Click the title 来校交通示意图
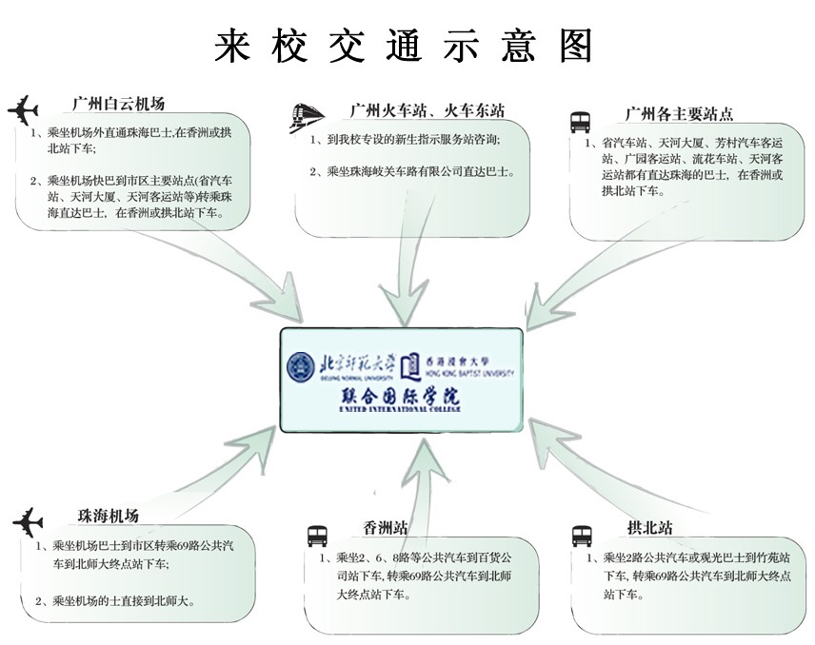[406, 46]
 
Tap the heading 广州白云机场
[118, 104]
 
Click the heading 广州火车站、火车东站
[426, 110]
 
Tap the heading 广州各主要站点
[679, 113]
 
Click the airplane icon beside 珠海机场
[29, 522]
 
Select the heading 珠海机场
[108, 516]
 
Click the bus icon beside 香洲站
[317, 534]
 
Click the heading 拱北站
[650, 525]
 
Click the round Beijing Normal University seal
[300, 364]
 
